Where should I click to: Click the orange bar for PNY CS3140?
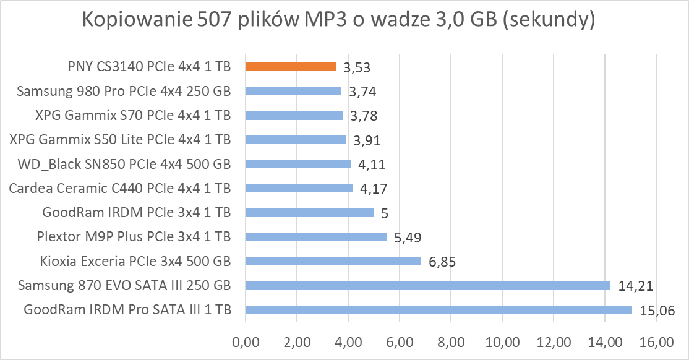click(291, 67)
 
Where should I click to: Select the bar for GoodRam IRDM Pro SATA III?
click(439, 310)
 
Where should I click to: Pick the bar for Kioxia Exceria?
click(333, 261)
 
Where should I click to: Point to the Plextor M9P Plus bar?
click(316, 237)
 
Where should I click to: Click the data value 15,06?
click(656, 310)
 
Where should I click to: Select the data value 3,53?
click(357, 67)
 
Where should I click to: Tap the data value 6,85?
click(442, 262)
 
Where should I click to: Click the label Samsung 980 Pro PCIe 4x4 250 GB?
click(124, 92)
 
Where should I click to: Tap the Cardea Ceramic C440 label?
click(120, 188)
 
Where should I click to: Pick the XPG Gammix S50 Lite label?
click(121, 140)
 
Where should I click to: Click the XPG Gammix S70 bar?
click(294, 116)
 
